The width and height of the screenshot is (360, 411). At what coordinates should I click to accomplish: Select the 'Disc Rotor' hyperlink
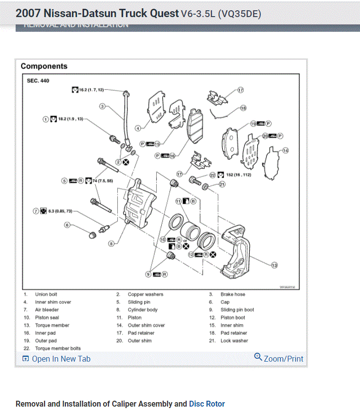tap(207, 404)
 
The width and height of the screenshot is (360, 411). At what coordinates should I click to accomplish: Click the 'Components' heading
tap(44, 66)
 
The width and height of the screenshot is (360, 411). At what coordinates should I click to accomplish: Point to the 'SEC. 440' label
tap(38, 80)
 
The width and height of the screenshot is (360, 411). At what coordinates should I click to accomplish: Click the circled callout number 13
tap(274, 265)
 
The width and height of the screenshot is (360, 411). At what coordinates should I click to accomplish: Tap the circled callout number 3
tap(103, 106)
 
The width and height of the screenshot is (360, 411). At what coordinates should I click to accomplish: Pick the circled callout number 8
tap(111, 243)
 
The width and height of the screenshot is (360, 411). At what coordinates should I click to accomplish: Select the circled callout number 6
tap(67, 225)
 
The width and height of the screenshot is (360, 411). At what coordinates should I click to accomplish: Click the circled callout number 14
tap(285, 150)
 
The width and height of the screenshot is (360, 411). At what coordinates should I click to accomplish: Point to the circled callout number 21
tap(222, 184)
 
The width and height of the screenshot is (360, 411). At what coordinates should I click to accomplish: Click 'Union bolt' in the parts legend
tap(46, 294)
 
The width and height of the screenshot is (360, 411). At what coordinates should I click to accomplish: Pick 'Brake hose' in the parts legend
tap(233, 294)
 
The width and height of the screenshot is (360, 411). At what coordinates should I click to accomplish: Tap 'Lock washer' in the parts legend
tap(234, 341)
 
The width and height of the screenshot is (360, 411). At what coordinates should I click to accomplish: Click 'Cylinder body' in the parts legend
tap(143, 310)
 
